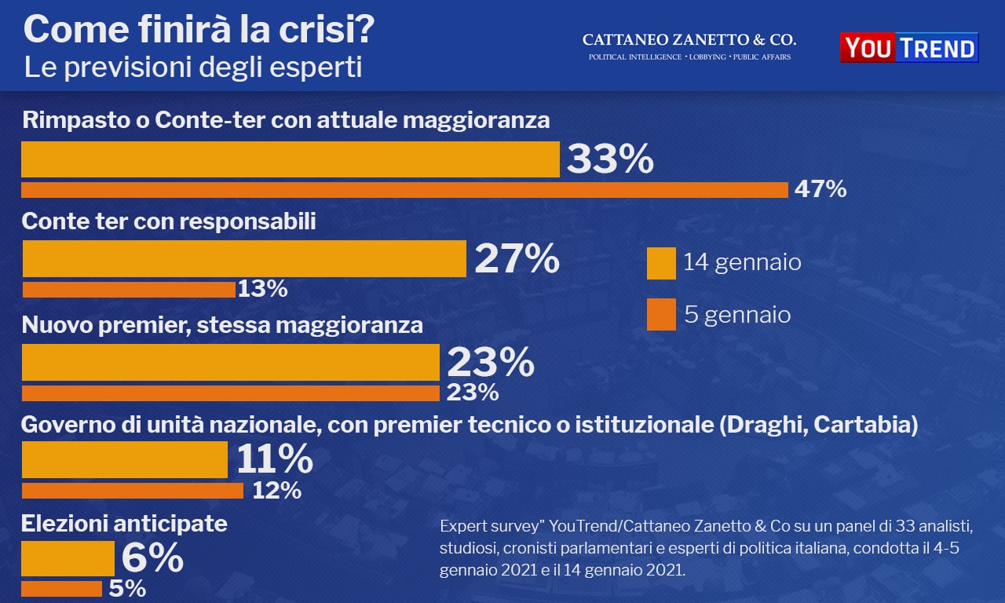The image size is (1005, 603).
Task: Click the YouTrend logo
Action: tap(908, 48)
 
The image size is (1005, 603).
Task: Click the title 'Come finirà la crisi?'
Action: tap(199, 31)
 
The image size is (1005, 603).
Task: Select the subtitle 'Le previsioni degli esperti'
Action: tap(193, 68)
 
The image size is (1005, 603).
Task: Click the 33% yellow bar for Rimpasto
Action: tap(290, 159)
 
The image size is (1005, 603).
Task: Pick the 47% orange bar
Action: tap(404, 190)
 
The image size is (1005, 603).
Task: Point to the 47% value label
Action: tap(820, 189)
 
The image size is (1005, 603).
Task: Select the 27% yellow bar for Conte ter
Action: tap(244, 259)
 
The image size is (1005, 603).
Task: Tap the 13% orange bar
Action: tap(129, 290)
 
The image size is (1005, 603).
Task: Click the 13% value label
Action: tap(262, 290)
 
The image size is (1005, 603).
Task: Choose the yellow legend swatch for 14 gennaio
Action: tap(661, 263)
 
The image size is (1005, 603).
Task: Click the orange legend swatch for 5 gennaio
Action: tap(661, 315)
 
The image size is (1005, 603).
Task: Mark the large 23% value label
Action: tap(491, 364)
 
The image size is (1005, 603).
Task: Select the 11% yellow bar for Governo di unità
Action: tap(125, 460)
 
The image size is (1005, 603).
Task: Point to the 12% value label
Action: tap(276, 491)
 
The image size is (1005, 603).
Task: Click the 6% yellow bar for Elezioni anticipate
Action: tap(68, 558)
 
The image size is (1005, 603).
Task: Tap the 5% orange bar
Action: tap(62, 588)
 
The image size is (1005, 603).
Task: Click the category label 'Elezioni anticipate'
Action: tap(124, 524)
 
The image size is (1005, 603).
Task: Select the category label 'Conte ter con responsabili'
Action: tap(169, 221)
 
